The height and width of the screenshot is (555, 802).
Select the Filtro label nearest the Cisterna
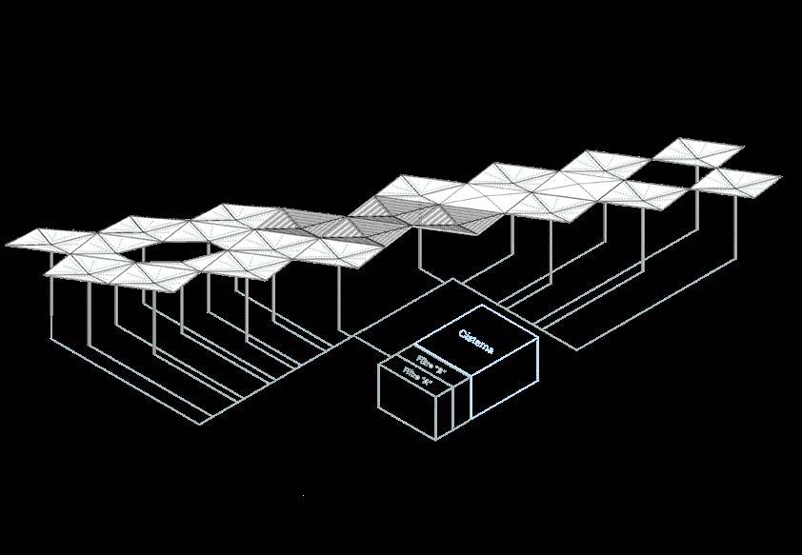tap(431, 363)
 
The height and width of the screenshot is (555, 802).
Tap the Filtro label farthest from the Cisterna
tap(418, 377)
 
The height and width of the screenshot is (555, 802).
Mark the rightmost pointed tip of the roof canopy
tap(781, 177)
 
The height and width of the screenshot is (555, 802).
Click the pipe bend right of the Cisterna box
tap(577, 349)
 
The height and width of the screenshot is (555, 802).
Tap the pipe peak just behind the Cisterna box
tap(454, 280)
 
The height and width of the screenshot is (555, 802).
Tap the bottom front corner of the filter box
tap(437, 439)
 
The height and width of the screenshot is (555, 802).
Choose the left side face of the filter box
tap(408, 401)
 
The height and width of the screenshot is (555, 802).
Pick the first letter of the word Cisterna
tap(462, 334)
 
